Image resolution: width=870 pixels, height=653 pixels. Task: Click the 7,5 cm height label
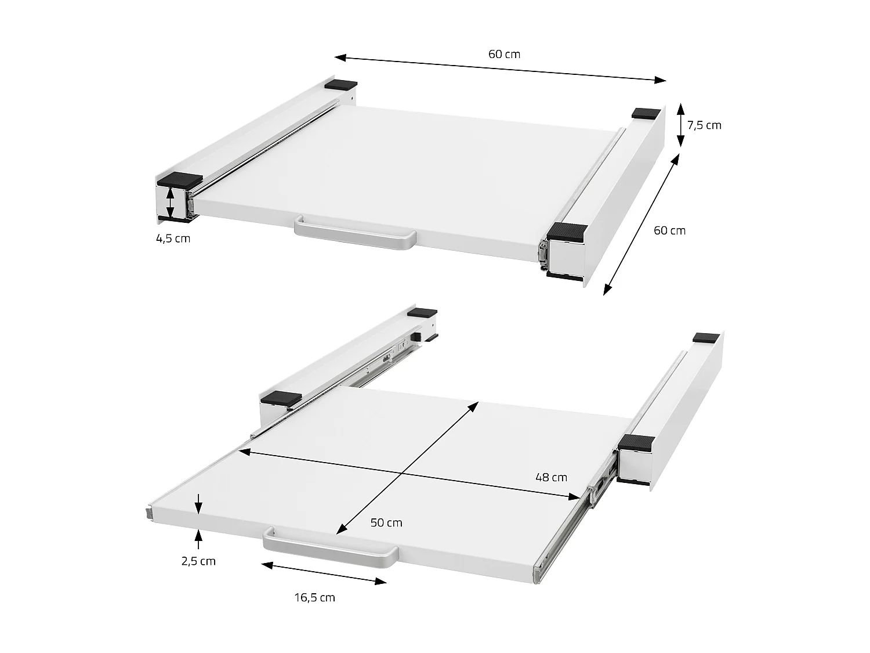click(x=704, y=125)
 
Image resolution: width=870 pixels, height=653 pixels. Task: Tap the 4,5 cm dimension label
click(x=173, y=238)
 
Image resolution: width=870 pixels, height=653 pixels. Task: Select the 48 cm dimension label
click(x=551, y=477)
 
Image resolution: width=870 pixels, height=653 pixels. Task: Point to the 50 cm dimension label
click(x=386, y=522)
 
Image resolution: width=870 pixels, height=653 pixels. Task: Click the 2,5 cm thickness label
click(x=198, y=561)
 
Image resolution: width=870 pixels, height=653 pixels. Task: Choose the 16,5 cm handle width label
click(x=314, y=597)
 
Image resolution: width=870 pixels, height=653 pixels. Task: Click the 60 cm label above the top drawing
click(x=504, y=54)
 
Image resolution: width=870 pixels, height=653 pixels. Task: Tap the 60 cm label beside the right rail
click(x=669, y=230)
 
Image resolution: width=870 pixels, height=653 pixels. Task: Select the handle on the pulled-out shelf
click(x=331, y=546)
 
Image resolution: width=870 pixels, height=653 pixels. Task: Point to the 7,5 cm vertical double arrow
click(x=680, y=125)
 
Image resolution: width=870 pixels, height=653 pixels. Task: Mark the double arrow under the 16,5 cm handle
click(x=324, y=572)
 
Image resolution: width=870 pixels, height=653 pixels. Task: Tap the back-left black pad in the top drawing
click(x=342, y=85)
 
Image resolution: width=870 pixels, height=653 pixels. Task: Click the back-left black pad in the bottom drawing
click(x=422, y=312)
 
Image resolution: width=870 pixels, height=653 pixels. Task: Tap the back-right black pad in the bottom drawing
click(x=706, y=337)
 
